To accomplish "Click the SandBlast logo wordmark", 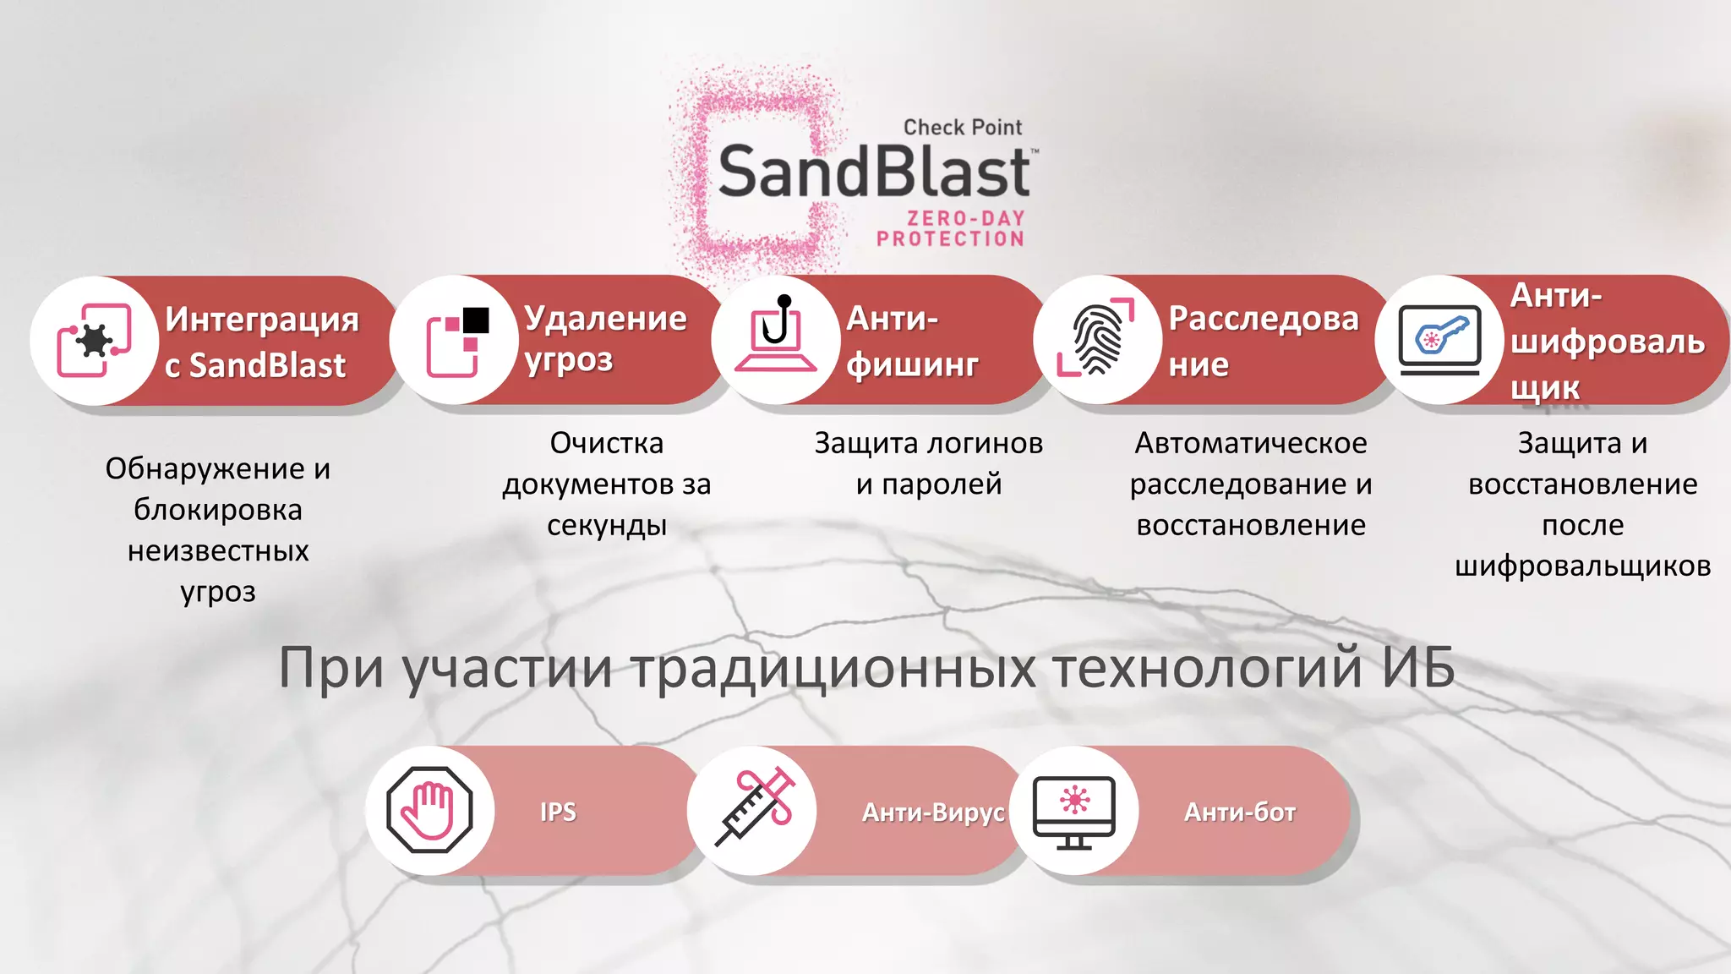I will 874,172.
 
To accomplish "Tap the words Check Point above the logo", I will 963,128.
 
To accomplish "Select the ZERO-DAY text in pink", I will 966,218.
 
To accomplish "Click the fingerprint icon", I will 1096,339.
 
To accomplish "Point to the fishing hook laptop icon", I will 776,339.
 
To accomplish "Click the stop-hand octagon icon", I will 429,810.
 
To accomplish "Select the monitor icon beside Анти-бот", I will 1074,811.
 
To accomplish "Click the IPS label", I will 558,813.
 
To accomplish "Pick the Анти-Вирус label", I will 933,813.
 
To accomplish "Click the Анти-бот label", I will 1240,813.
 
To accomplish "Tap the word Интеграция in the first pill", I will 262,320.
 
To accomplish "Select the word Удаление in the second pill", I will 605,319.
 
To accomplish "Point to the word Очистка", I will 607,443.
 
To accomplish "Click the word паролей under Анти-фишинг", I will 942,484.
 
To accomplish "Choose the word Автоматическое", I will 1251,443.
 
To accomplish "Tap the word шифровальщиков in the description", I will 1582,566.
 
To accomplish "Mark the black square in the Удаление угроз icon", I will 476,320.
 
